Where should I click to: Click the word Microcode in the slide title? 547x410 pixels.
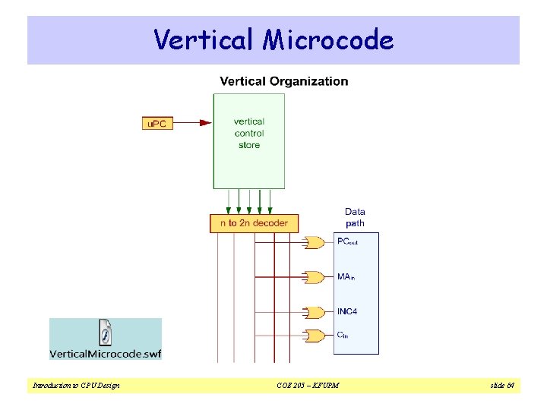pyautogui.click(x=328, y=39)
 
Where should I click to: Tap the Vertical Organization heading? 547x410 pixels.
pyautogui.click(x=284, y=81)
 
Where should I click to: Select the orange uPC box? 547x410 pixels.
pyautogui.click(x=157, y=123)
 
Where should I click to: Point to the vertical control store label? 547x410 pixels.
pyautogui.click(x=248, y=133)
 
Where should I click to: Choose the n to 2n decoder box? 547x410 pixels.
pyautogui.click(x=254, y=223)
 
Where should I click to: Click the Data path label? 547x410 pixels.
pyautogui.click(x=355, y=217)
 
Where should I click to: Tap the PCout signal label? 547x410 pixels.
pyautogui.click(x=347, y=242)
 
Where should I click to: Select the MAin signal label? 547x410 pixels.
pyautogui.click(x=346, y=277)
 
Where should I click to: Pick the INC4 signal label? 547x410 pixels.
pyautogui.click(x=347, y=312)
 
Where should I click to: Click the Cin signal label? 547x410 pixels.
pyautogui.click(x=343, y=335)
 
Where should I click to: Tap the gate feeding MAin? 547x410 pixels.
pyautogui.click(x=313, y=278)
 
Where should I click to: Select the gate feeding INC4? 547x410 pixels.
pyautogui.click(x=313, y=312)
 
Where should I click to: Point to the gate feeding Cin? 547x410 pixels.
pyautogui.click(x=313, y=335)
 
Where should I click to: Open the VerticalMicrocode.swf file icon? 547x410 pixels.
pyautogui.click(x=105, y=332)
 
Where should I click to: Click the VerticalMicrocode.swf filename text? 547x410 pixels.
pyautogui.click(x=106, y=353)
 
